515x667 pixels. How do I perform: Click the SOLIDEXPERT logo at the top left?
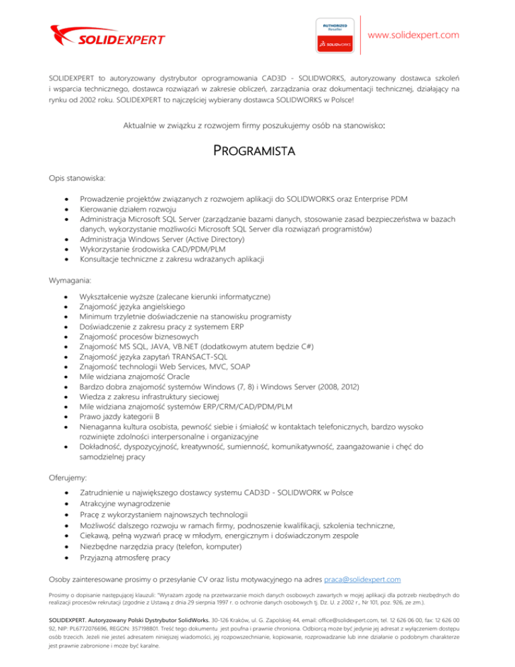pos(107,34)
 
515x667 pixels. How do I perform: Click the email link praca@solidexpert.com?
pos(362,578)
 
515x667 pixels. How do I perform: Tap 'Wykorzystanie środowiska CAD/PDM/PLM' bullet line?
pos(162,250)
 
